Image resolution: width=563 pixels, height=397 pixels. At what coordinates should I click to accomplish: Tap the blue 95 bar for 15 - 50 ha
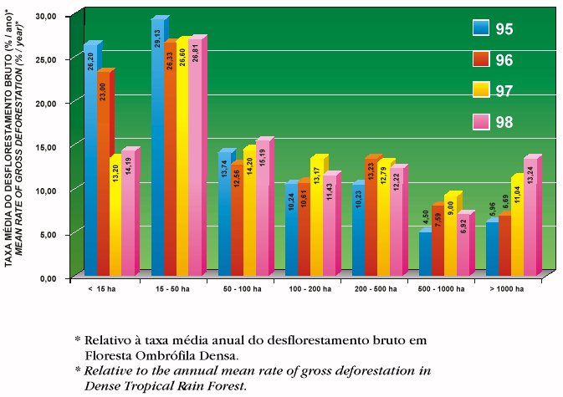156,150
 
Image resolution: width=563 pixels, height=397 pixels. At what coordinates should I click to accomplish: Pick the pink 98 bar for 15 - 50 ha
195,159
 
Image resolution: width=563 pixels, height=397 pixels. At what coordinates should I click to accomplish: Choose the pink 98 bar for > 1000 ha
530,217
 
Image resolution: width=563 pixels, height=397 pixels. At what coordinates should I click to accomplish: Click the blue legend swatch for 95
481,28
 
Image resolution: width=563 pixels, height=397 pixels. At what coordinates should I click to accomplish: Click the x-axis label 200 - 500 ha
375,288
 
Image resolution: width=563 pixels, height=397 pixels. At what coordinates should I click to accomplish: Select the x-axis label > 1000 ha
509,288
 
